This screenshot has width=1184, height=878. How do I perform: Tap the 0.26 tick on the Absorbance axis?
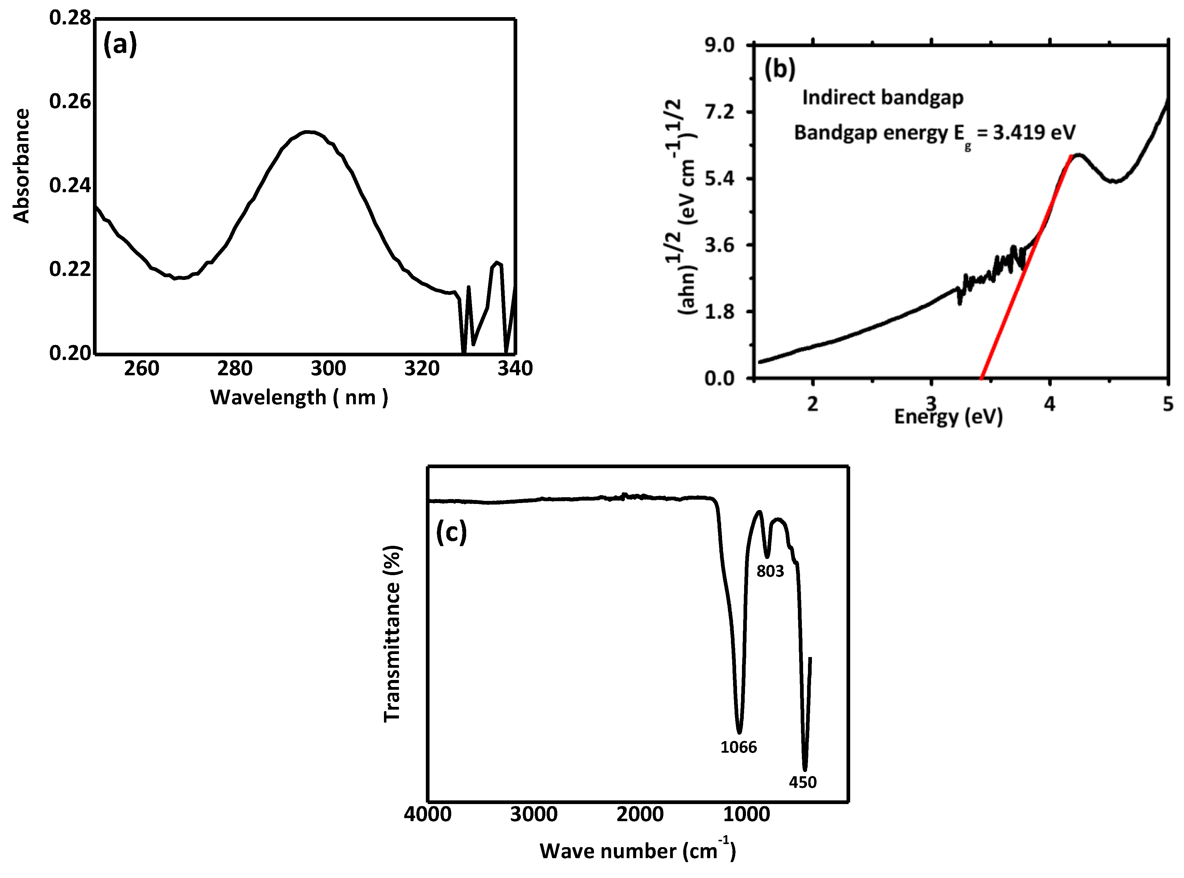point(70,101)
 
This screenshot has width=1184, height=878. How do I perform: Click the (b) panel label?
point(780,69)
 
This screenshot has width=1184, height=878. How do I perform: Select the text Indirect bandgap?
point(883,98)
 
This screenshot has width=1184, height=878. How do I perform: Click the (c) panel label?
point(451,533)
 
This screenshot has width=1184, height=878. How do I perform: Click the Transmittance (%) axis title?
point(392,634)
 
